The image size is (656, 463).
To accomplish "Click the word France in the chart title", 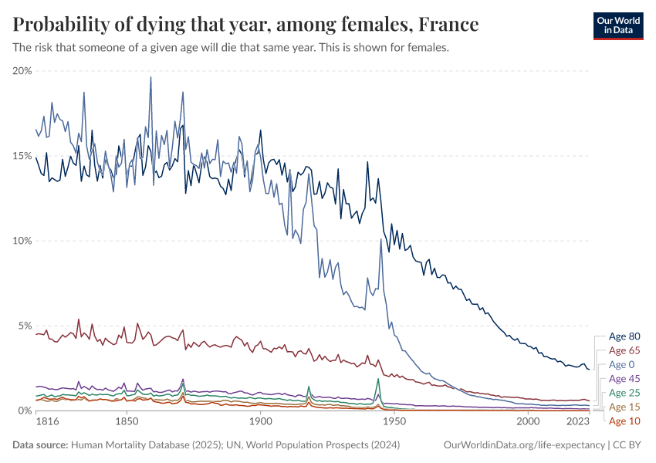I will (x=448, y=25).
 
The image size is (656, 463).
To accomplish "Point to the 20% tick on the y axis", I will (x=22, y=71).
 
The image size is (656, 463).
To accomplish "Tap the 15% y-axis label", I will (x=22, y=156).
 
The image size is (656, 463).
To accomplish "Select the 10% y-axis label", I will (x=22, y=241).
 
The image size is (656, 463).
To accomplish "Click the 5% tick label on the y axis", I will (x=25, y=326).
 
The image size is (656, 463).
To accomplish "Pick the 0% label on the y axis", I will (x=25, y=411).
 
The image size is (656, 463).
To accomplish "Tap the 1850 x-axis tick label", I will (x=127, y=424).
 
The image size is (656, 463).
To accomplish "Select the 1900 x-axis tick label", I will (x=260, y=424).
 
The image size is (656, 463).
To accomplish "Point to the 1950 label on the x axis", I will (x=394, y=424).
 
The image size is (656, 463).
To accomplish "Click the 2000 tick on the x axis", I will (x=528, y=424).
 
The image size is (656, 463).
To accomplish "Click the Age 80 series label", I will (x=624, y=336).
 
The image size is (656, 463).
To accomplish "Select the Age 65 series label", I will (x=624, y=350).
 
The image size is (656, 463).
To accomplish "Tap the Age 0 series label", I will (x=621, y=364).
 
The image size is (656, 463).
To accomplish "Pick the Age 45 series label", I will (x=624, y=379).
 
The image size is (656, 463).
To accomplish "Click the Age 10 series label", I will (x=624, y=421).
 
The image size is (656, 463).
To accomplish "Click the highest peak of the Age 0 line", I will (x=150, y=76).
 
